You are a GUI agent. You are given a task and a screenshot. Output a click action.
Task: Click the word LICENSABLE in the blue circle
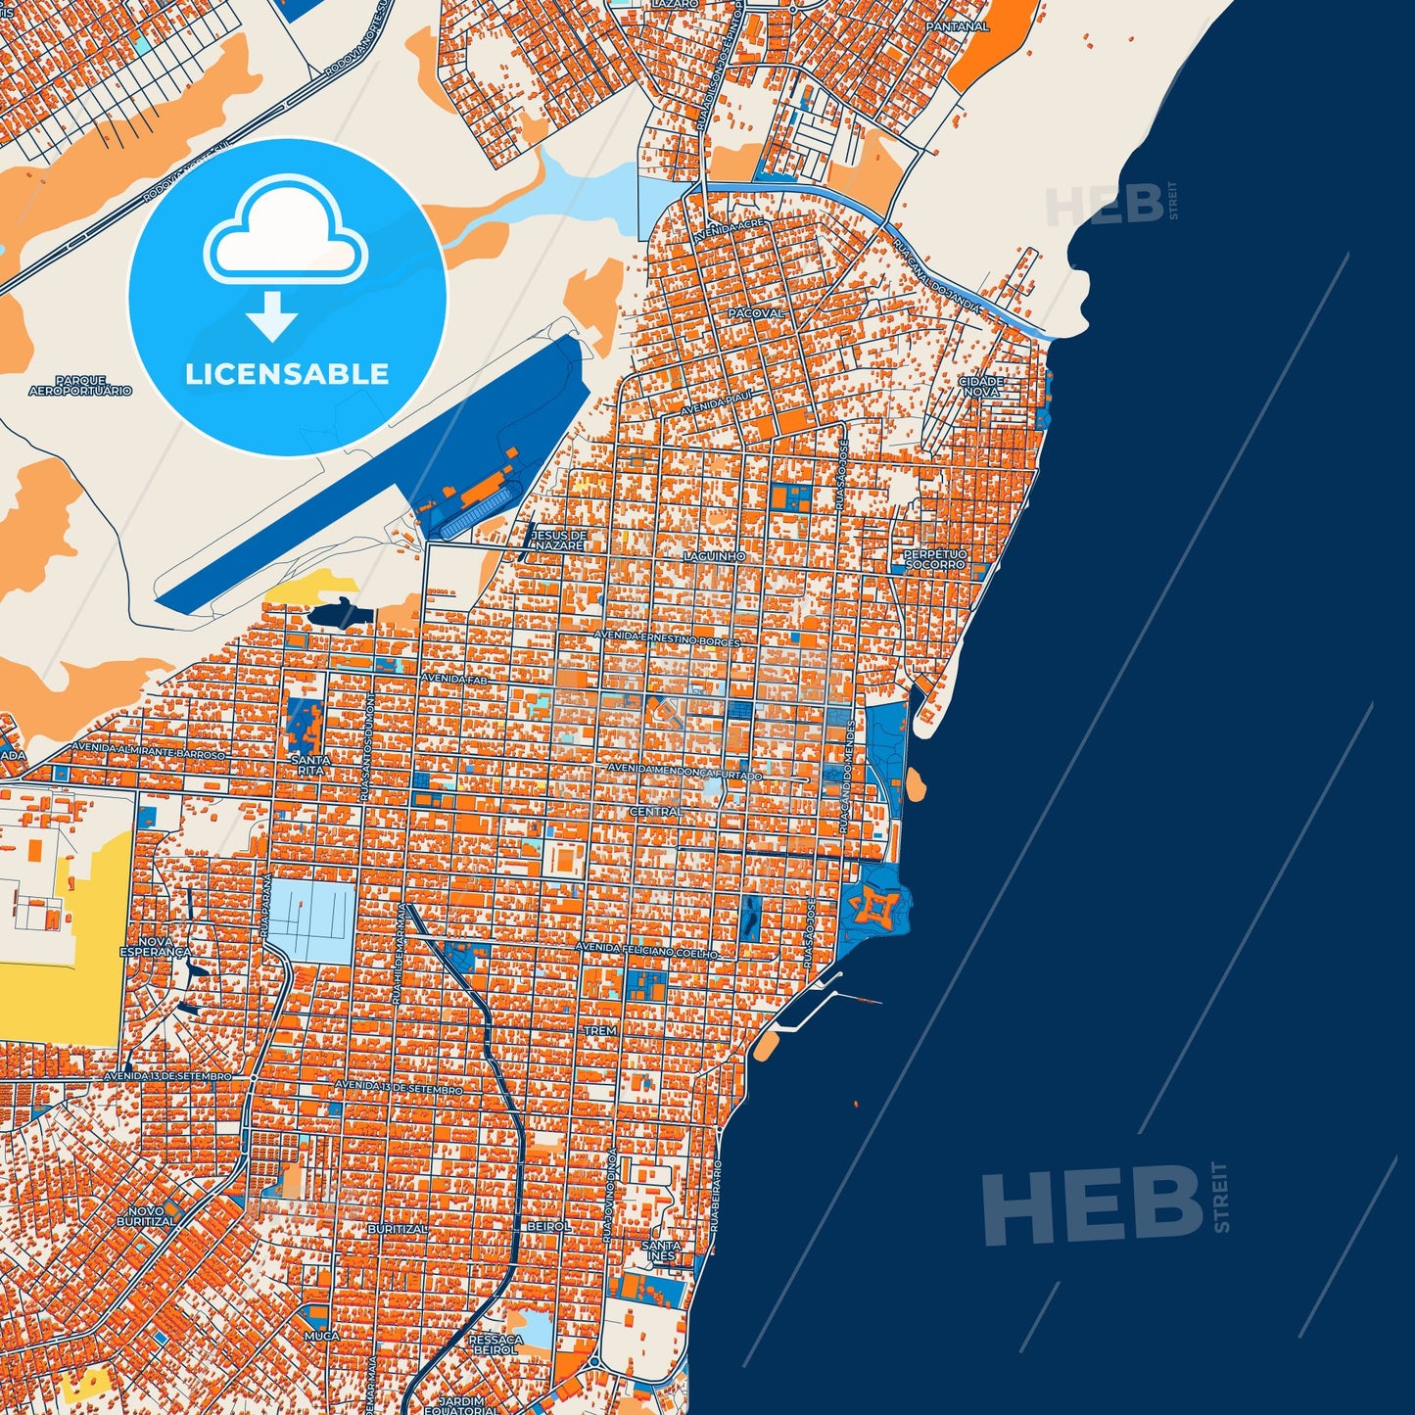click(x=287, y=374)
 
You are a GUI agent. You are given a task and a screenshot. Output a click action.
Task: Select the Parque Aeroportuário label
click(x=80, y=386)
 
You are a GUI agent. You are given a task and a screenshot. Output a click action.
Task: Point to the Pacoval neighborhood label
click(x=756, y=313)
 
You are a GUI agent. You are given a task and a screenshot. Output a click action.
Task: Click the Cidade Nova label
click(x=980, y=386)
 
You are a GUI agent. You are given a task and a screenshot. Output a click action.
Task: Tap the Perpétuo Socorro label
click(x=934, y=559)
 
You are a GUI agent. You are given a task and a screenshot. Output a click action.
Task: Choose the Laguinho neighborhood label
click(x=714, y=556)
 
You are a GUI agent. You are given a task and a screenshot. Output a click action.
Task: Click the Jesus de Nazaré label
click(x=557, y=540)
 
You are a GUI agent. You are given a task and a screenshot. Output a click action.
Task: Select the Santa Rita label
click(x=310, y=765)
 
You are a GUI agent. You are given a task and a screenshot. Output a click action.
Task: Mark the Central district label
click(x=655, y=812)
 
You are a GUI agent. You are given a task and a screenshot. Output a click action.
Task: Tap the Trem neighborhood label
click(x=600, y=1031)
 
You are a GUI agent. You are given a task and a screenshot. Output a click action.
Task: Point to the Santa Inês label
click(x=660, y=1250)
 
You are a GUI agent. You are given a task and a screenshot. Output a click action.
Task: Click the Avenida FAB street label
click(x=452, y=678)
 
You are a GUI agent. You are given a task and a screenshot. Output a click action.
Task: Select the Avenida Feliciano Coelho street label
click(x=646, y=950)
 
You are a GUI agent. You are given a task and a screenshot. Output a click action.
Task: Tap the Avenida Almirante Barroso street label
click(x=147, y=752)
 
